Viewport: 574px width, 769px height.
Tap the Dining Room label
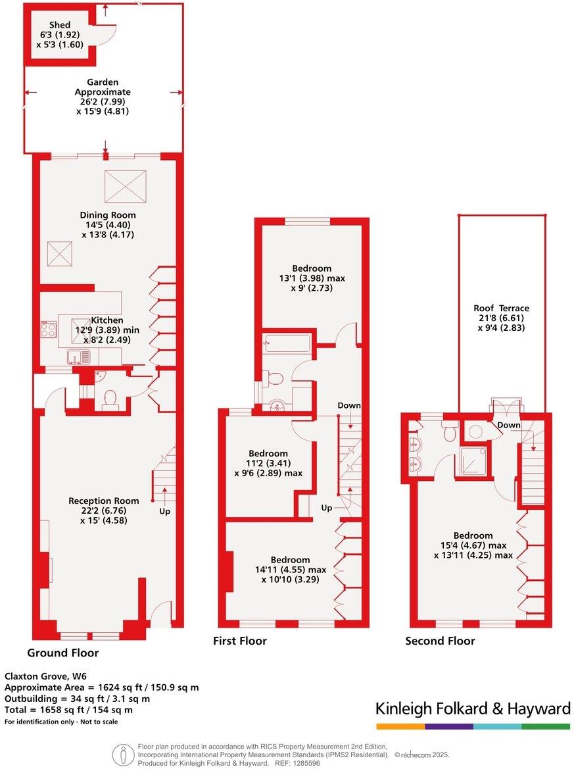[x=108, y=215]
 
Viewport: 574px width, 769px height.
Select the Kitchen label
[x=107, y=320]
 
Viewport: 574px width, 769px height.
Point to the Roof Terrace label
[x=501, y=308]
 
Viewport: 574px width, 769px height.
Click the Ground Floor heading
[x=63, y=653]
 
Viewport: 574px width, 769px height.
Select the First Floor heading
[x=240, y=641]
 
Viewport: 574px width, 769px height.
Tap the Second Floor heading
[x=440, y=641]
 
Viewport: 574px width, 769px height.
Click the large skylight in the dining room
[x=125, y=185]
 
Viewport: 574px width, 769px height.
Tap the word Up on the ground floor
[x=164, y=510]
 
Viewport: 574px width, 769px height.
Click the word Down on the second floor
[x=509, y=425]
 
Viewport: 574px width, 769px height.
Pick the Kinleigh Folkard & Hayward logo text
[x=473, y=708]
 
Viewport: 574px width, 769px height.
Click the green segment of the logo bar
[x=546, y=726]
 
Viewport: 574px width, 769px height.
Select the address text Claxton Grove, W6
[x=45, y=676]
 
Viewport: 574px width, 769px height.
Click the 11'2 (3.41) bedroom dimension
[x=268, y=463]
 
